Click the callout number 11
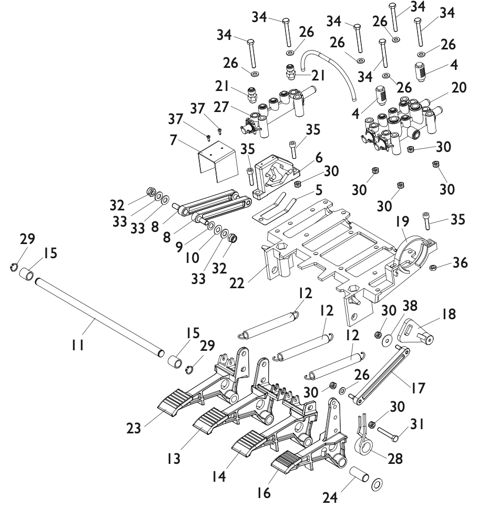[78, 346]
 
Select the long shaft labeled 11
[99, 317]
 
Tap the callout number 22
[237, 283]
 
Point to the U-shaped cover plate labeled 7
[218, 161]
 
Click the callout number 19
[402, 221]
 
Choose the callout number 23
[134, 429]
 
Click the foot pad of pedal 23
[172, 401]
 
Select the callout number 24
[330, 498]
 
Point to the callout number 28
[395, 459]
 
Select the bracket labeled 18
[415, 331]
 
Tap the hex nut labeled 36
[432, 268]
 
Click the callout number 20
[459, 87]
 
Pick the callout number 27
[221, 107]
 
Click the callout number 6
[319, 157]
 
